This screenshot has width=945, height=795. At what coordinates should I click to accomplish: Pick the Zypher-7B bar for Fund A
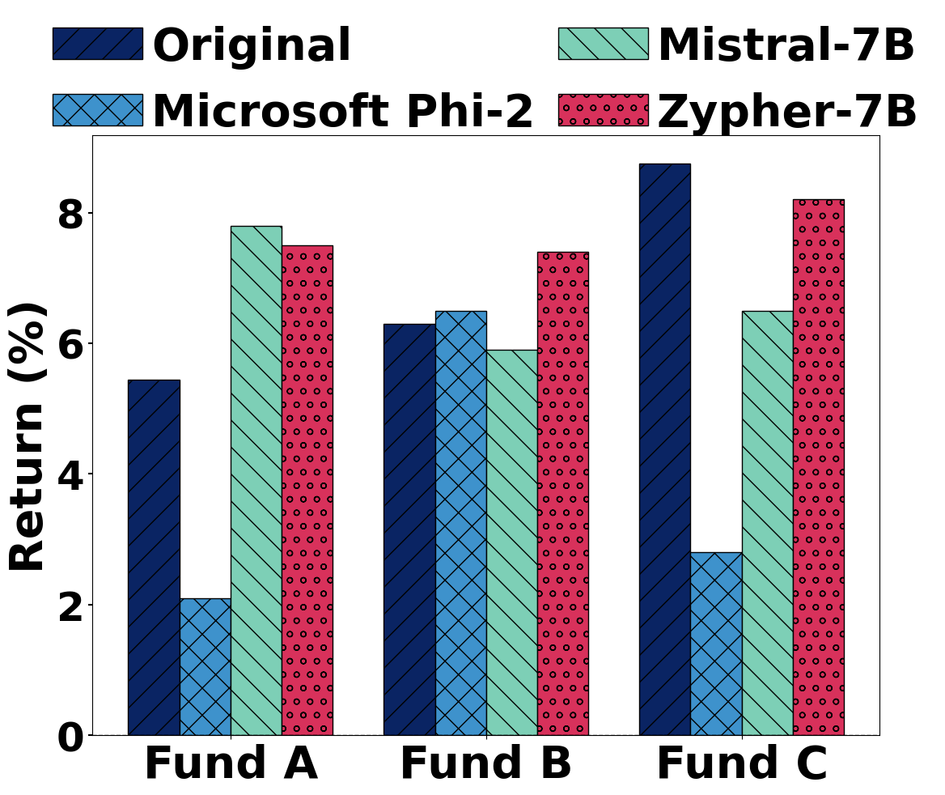307,490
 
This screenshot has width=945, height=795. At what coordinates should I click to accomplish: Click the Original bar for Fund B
409,529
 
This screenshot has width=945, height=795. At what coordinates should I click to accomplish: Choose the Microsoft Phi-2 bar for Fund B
460,523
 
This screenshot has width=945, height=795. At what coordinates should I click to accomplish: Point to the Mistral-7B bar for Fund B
511,542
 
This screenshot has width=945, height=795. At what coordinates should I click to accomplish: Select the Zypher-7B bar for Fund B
562,493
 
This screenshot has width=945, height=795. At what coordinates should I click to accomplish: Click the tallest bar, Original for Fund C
664,449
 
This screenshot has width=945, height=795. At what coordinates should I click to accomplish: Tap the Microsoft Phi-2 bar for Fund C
715,644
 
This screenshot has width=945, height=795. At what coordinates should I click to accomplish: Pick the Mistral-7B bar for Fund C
767,523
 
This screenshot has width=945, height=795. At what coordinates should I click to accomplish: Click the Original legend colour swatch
97,44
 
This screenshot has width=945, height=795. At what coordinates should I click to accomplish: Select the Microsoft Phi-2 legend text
342,111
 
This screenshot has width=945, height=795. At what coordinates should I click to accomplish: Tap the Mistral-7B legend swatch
603,44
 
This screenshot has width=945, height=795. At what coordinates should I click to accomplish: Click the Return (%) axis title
28,436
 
